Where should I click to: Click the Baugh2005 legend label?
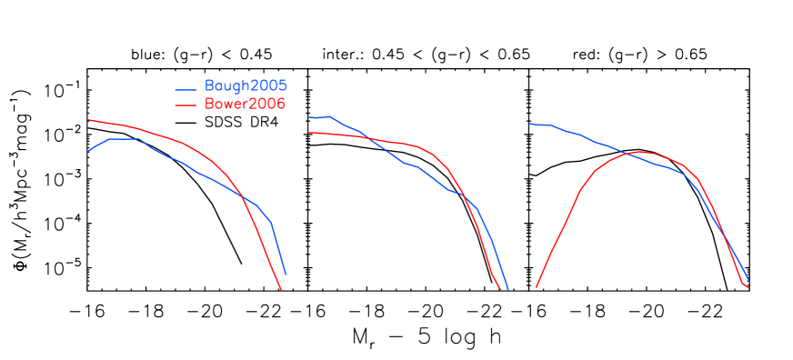click(246, 86)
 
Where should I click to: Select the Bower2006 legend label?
click(245, 105)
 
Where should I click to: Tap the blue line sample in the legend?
click(186, 89)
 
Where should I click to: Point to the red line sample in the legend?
click(186, 106)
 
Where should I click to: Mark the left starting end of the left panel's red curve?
click(88, 120)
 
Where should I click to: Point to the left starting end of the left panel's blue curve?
click(88, 151)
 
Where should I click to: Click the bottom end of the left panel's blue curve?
click(286, 274)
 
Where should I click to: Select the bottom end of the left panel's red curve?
click(281, 289)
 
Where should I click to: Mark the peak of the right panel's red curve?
click(640, 152)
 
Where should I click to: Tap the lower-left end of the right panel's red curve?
click(536, 287)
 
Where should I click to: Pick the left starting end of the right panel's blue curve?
click(529, 124)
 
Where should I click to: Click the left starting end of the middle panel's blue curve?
click(309, 117)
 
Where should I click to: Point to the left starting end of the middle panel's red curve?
click(309, 133)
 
